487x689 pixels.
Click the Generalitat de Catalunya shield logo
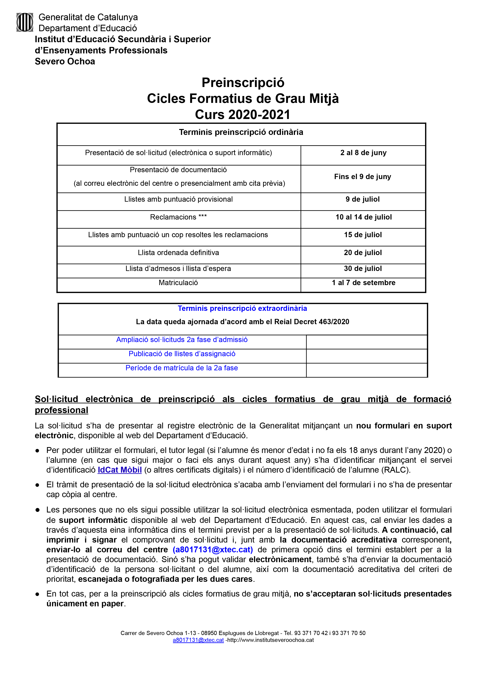click(x=25, y=23)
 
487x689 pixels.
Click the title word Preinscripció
click(x=243, y=83)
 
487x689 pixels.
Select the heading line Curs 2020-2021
click(x=243, y=115)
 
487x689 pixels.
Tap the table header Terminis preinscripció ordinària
click(x=241, y=132)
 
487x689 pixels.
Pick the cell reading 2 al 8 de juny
click(x=363, y=153)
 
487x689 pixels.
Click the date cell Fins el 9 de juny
click(x=362, y=177)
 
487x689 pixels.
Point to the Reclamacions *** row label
click(x=178, y=217)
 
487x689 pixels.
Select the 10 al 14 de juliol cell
click(x=363, y=217)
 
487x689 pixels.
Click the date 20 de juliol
click(x=363, y=253)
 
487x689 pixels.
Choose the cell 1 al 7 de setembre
click(x=363, y=283)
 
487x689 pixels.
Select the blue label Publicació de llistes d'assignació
click(x=182, y=354)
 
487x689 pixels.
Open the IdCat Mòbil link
click(x=119, y=470)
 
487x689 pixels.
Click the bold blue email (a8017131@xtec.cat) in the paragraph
click(x=213, y=550)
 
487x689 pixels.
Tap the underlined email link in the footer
click(x=198, y=640)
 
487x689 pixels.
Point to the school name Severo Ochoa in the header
click(x=65, y=61)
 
